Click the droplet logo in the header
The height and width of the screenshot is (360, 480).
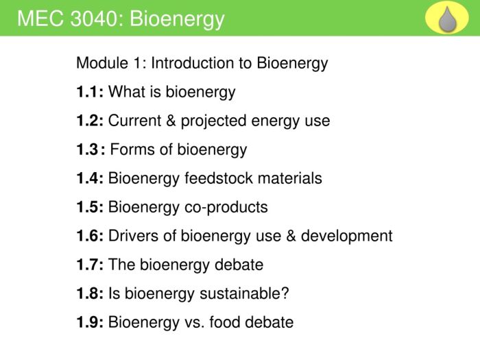coord(447,19)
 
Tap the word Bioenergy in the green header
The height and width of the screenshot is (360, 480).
coord(177,19)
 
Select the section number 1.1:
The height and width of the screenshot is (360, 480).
coord(90,92)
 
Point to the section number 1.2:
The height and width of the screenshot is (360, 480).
coord(90,121)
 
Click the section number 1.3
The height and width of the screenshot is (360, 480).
coord(88,149)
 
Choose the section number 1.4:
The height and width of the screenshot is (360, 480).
coord(90,178)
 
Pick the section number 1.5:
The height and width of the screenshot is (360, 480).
coord(90,207)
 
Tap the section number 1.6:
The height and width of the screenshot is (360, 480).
coord(90,236)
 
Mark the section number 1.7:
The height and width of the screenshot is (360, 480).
coord(90,265)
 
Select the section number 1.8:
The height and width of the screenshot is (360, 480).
coord(90,293)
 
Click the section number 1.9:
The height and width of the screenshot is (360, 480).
coord(90,322)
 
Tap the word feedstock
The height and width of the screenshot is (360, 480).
coord(215,178)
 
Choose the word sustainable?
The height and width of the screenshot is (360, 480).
coord(244,293)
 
